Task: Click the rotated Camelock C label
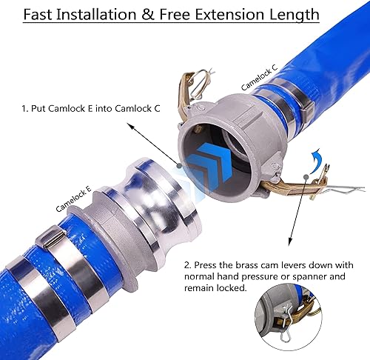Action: (259, 76)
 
